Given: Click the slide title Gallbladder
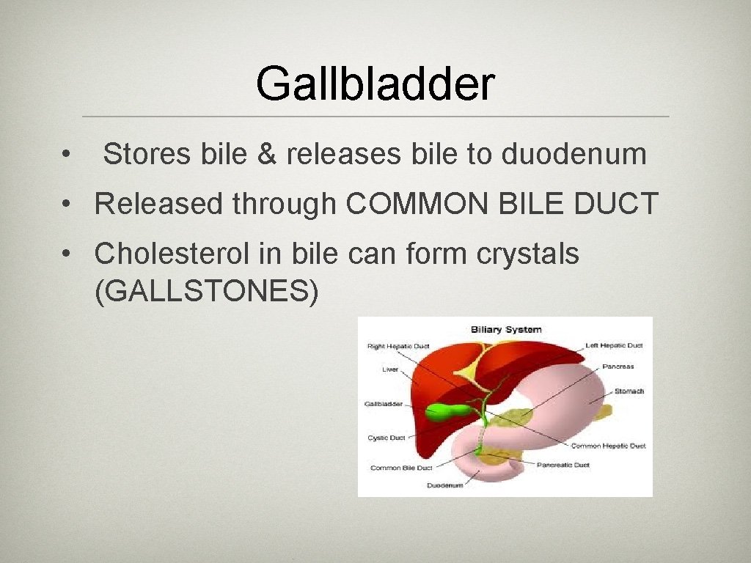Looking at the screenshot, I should [x=375, y=84].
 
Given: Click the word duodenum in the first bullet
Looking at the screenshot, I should [x=574, y=155].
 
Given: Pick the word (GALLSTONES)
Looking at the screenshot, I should [x=207, y=292].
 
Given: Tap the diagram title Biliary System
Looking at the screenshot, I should [x=505, y=329].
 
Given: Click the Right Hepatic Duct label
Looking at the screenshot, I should [x=398, y=346].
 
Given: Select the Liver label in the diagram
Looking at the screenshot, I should [x=390, y=369].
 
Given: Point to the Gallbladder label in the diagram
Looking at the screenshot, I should [x=383, y=404].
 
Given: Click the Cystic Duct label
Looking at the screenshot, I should [x=387, y=438].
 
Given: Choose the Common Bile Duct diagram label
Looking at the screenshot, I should [x=401, y=468].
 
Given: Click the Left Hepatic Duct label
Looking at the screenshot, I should [x=614, y=345].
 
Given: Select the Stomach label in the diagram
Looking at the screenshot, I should [x=629, y=391].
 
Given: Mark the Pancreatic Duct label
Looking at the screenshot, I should [x=563, y=465].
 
